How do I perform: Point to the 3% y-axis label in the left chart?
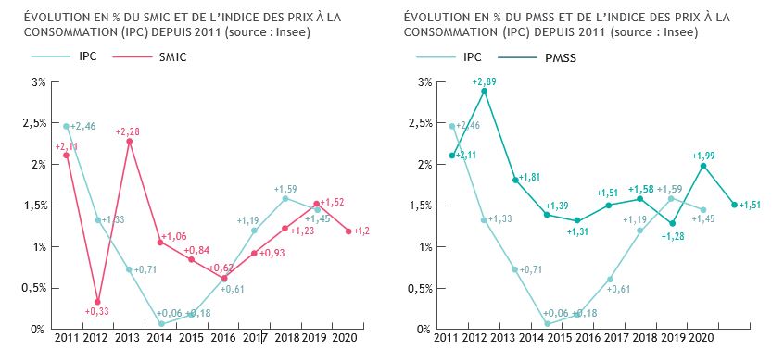pos(38,82)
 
